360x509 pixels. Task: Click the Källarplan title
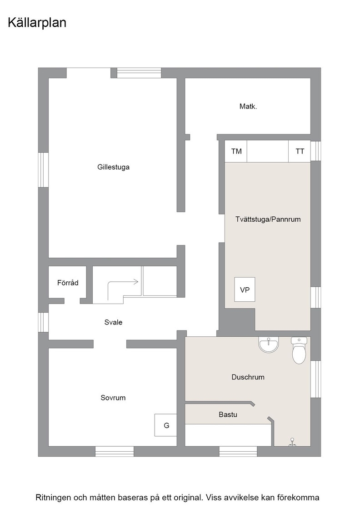[x=37, y=23]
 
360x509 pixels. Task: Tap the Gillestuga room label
[x=113, y=167]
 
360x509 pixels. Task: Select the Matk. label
[x=248, y=106]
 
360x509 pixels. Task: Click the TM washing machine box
[x=236, y=151]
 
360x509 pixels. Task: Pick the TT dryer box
[x=300, y=151]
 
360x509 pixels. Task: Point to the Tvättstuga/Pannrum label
[x=268, y=220]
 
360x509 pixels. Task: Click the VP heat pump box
[x=245, y=289]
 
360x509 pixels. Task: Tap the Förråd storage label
[x=68, y=283]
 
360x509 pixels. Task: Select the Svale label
[x=113, y=322]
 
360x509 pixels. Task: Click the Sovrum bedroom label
[x=113, y=398]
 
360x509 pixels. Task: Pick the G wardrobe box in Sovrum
[x=165, y=425]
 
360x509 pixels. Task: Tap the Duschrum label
[x=248, y=377]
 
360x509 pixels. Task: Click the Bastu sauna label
[x=228, y=414]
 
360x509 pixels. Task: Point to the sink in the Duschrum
[x=269, y=344]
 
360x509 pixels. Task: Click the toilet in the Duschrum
[x=299, y=350]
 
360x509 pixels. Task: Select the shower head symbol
[x=292, y=442]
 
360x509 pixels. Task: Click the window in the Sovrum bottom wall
[x=115, y=452]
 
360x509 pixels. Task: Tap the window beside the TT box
[x=315, y=151]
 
